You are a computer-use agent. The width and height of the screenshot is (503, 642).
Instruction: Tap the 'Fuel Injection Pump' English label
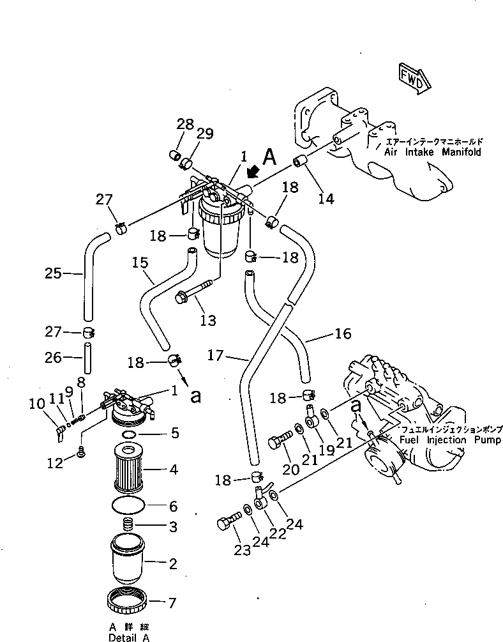click(x=450, y=441)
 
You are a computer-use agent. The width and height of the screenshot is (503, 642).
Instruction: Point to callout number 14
click(x=326, y=199)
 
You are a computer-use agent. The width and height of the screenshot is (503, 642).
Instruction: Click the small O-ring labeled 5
click(x=128, y=435)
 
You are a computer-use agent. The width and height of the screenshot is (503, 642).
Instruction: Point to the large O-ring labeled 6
click(x=130, y=505)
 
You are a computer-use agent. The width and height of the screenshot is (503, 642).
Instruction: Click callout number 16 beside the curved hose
click(x=343, y=333)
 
